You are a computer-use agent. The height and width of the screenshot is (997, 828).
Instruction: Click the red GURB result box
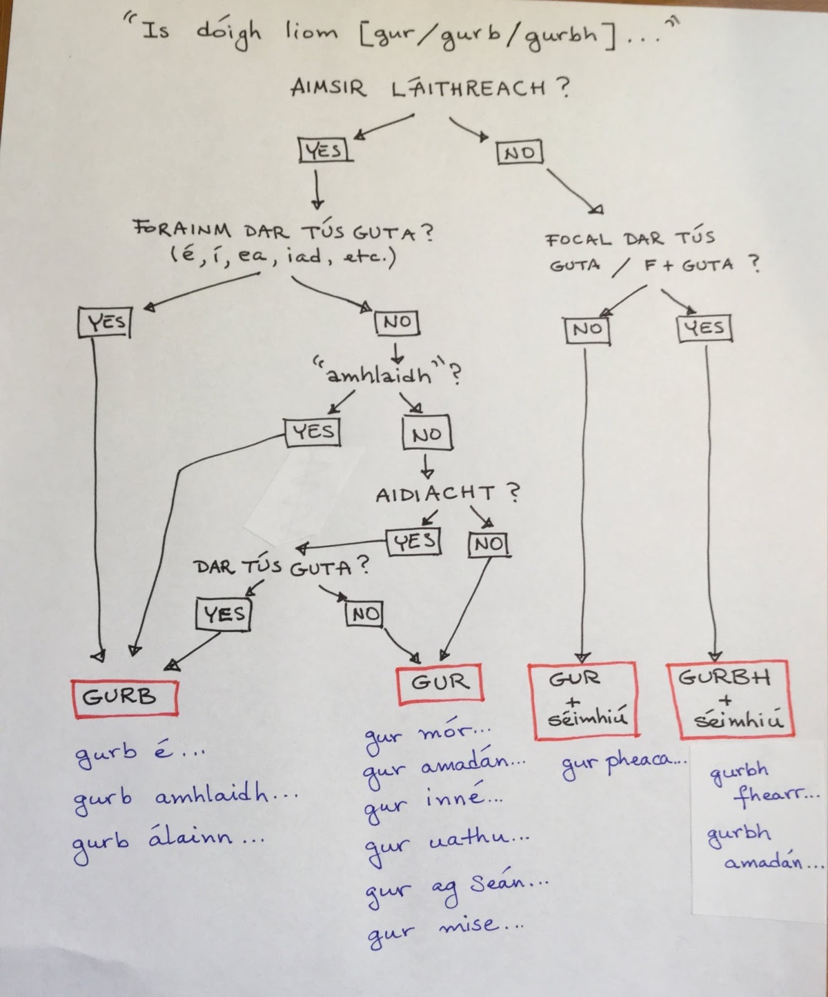coord(125,697)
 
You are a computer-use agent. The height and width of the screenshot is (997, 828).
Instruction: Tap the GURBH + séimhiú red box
coord(726,700)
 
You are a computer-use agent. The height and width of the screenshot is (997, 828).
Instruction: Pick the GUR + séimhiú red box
coord(583,700)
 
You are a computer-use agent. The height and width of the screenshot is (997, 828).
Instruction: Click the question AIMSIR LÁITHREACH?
coord(429,88)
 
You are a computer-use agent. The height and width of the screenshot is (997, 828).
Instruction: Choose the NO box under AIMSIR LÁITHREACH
coord(520,153)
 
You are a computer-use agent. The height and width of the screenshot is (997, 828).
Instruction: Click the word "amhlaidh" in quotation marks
coord(379,375)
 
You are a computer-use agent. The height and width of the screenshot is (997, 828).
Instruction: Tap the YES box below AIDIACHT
coord(414,542)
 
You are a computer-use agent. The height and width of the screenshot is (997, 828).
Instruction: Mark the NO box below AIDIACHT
coord(489,545)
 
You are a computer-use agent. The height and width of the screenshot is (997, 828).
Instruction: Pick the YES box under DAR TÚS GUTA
coord(224,614)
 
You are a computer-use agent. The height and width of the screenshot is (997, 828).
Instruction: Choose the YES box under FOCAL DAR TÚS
coord(704,327)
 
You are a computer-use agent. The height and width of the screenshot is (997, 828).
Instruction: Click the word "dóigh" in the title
coord(228,32)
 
